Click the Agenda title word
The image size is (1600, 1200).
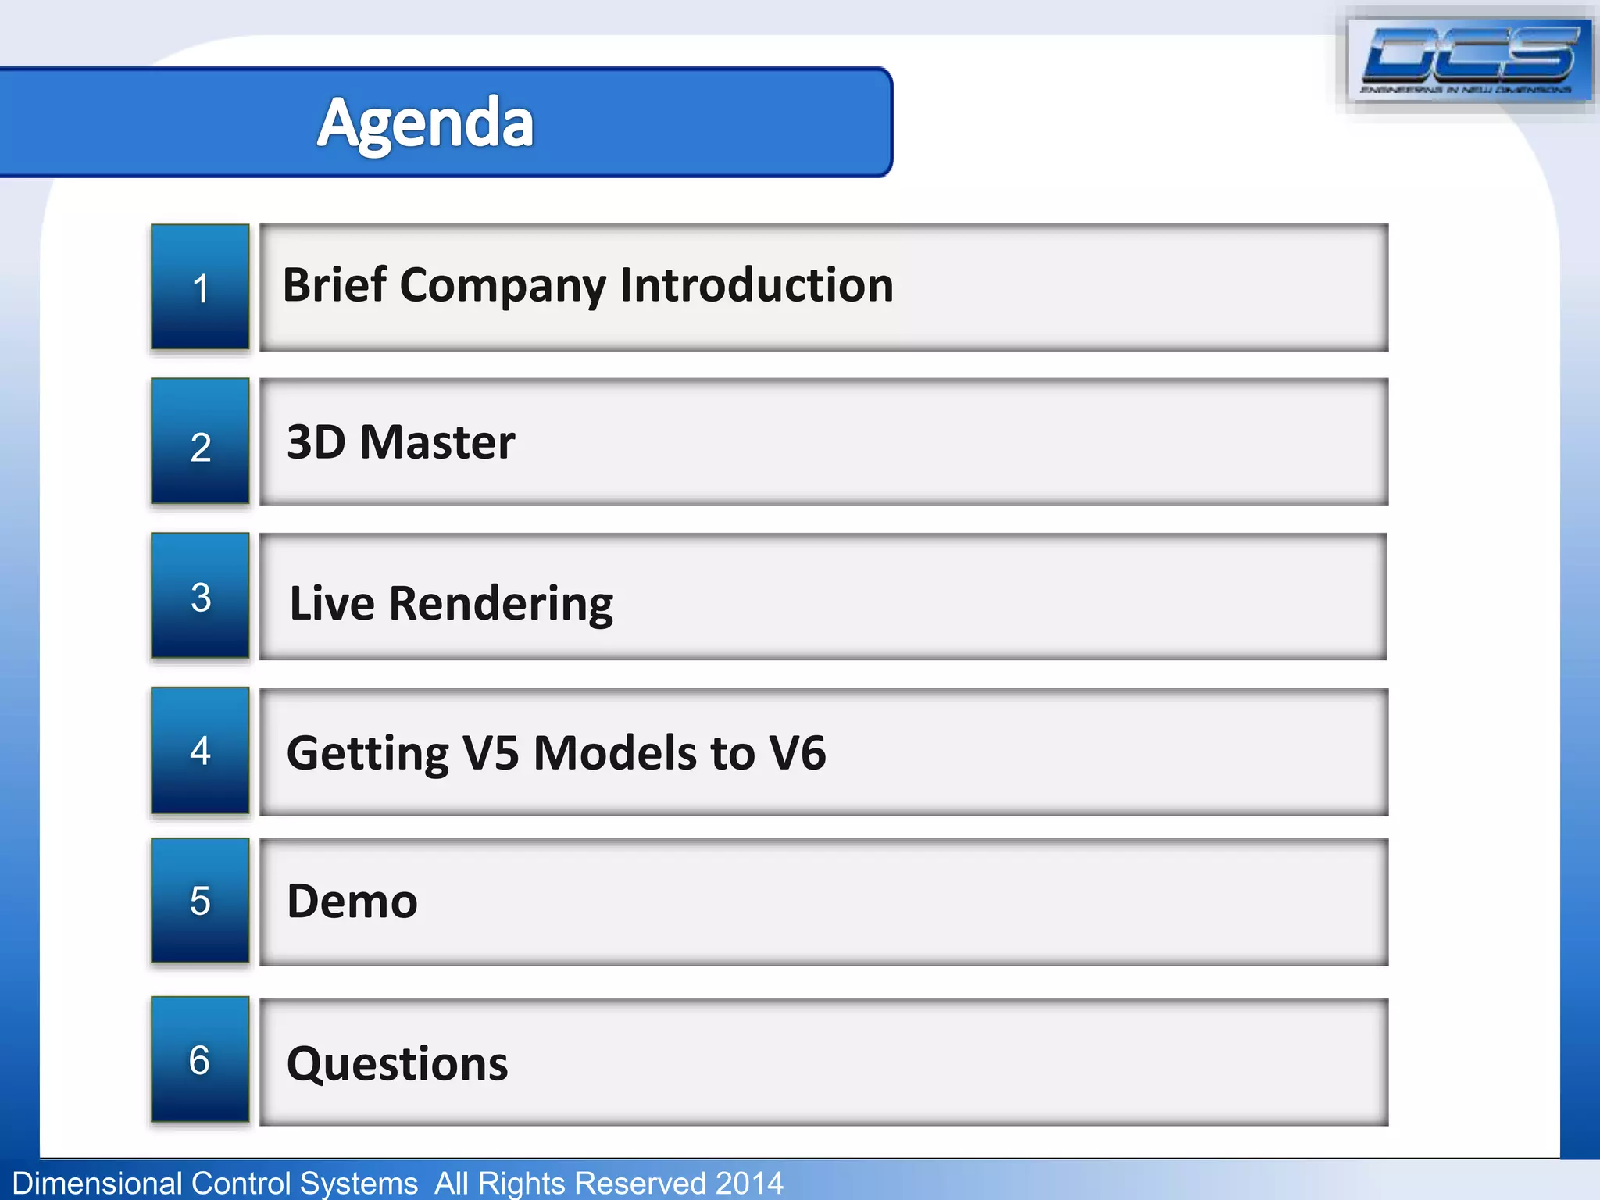click(x=426, y=123)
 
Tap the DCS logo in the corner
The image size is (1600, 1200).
click(x=1470, y=59)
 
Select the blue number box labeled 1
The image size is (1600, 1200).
click(x=200, y=287)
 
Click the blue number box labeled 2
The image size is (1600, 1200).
click(x=200, y=442)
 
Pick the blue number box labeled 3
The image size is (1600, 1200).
click(x=200, y=596)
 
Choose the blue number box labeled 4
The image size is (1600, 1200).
click(x=200, y=751)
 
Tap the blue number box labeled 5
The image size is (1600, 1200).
click(x=200, y=901)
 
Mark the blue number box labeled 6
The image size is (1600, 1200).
click(x=200, y=1060)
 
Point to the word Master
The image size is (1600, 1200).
click(x=437, y=442)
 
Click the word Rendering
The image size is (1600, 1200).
click(x=501, y=604)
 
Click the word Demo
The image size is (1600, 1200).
click(x=352, y=902)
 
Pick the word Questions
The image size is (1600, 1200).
click(x=398, y=1064)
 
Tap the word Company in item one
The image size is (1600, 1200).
click(x=502, y=286)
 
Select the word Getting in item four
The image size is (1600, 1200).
click(x=367, y=754)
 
